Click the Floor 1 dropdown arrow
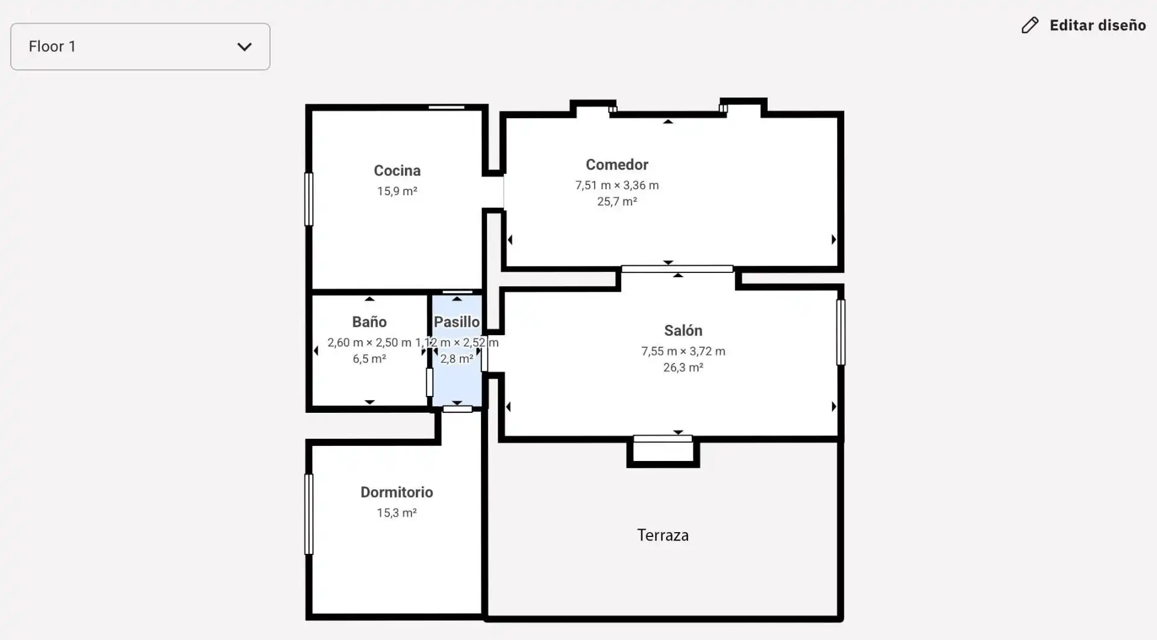coord(244,47)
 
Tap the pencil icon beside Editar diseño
coord(1030,25)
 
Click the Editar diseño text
coord(1097,25)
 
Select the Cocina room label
coord(397,171)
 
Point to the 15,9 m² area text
coord(397,191)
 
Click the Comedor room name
coord(617,165)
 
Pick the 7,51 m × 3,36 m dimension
coord(617,186)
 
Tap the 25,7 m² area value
coord(617,201)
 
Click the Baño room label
coord(369,322)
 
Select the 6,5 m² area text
coord(369,359)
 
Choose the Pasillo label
coord(457,322)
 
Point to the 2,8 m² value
coord(457,359)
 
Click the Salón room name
coord(683,330)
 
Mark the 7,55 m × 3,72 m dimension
coord(683,351)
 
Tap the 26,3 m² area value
coord(683,368)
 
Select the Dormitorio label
coord(397,492)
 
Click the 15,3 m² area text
coord(397,513)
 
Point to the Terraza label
coord(663,535)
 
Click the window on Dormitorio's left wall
coord(309,514)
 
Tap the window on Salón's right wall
coord(841,332)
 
